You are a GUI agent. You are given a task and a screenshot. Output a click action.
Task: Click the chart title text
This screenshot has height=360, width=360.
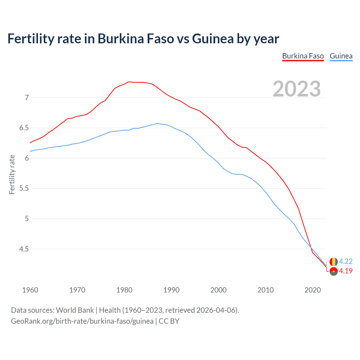coord(143,39)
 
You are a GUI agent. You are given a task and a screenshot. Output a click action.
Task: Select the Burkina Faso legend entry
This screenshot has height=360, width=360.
coord(303,56)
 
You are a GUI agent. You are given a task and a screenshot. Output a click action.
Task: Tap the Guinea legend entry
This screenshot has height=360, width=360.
coord(341,56)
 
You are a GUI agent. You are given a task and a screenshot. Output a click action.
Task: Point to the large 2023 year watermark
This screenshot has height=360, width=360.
coord(296,89)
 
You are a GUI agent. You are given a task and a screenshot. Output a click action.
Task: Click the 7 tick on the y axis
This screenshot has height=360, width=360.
coord(27,98)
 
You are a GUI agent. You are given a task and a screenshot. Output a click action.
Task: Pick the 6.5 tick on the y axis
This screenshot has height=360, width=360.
coord(24,128)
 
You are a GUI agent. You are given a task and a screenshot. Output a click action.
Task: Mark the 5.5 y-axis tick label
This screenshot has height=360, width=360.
coord(24,188)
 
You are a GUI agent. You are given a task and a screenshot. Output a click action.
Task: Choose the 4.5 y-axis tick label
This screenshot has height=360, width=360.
coord(24,249)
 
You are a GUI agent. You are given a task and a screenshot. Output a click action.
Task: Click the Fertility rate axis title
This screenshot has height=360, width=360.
coord(12,174)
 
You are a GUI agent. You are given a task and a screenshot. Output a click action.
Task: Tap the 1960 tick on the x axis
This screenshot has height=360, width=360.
coord(30,290)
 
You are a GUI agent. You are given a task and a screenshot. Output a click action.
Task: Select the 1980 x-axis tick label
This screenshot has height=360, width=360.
coord(124,290)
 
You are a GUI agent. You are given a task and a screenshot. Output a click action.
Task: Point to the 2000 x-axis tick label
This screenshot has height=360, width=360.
coord(218,290)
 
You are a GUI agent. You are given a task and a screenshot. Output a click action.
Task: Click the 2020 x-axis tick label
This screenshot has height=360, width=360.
coord(312,290)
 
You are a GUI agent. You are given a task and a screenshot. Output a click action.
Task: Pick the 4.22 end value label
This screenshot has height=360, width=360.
coord(346,261)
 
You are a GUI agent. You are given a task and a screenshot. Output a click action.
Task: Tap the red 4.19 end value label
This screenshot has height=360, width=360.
coord(346,271)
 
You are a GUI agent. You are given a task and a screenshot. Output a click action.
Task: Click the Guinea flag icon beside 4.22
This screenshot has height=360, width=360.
coord(333,262)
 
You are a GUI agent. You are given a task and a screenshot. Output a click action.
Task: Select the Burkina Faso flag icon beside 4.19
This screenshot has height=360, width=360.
coord(334,271)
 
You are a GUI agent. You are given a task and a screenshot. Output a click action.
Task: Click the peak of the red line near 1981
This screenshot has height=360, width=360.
coord(129,82)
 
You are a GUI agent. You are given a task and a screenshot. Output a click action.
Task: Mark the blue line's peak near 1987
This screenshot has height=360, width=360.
coord(157,123)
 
